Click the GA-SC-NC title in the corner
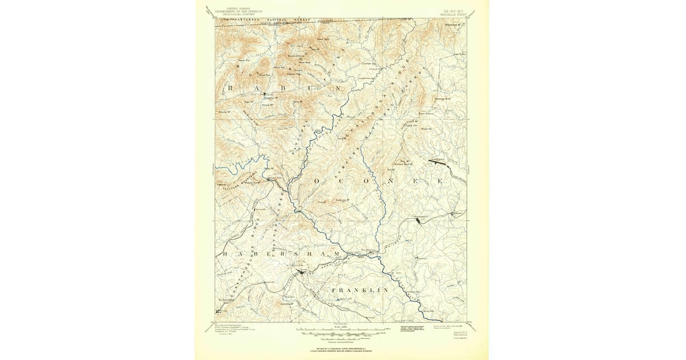tap(453, 10)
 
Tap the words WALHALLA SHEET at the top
tap(453, 14)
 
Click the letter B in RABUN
tap(284, 89)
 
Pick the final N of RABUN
tap(338, 89)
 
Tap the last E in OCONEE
tap(440, 181)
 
